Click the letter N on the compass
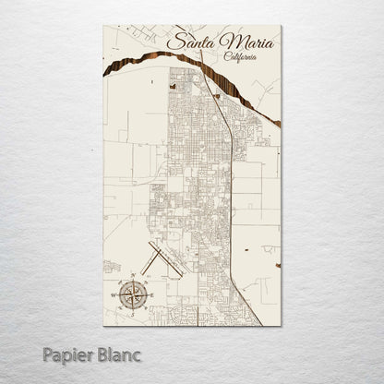[x=133, y=276]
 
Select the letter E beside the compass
[x=152, y=296]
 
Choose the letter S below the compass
[x=133, y=316]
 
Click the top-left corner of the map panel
[x=104, y=26]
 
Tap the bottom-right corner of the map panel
[x=281, y=325]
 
